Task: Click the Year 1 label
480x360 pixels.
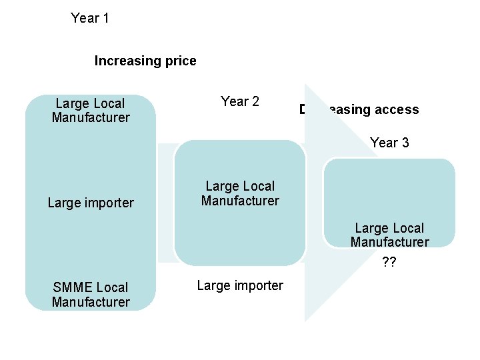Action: (x=90, y=18)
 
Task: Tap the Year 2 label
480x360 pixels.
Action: (x=240, y=101)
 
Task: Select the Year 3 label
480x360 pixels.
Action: (x=389, y=143)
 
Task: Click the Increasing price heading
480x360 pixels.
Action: (x=145, y=61)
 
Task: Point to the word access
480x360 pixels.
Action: (x=396, y=110)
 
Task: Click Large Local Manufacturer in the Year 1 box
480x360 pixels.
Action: (x=91, y=111)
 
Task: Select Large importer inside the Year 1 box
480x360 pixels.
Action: (x=91, y=203)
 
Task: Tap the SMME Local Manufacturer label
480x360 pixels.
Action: (x=91, y=295)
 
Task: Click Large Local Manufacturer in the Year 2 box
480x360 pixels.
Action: (x=240, y=193)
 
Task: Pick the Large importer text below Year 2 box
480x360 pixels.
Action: (x=240, y=286)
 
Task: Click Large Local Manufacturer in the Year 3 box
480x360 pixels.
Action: (x=389, y=235)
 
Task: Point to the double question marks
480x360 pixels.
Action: (x=389, y=263)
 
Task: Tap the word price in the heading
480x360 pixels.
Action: (x=180, y=61)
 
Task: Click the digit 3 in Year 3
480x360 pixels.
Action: (x=405, y=143)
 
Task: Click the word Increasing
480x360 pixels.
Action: (x=127, y=61)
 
